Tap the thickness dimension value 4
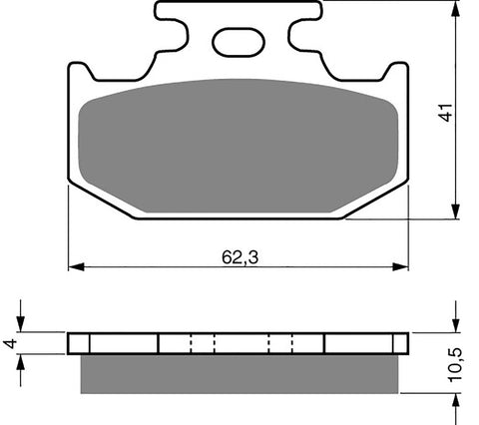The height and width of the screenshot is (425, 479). tap(11, 342)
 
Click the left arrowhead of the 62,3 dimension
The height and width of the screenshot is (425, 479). tap(74, 267)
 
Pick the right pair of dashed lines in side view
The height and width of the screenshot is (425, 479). tap(279, 343)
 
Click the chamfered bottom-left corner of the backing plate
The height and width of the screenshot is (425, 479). tap(99, 201)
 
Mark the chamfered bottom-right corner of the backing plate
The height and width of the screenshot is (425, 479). tap(376, 201)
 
